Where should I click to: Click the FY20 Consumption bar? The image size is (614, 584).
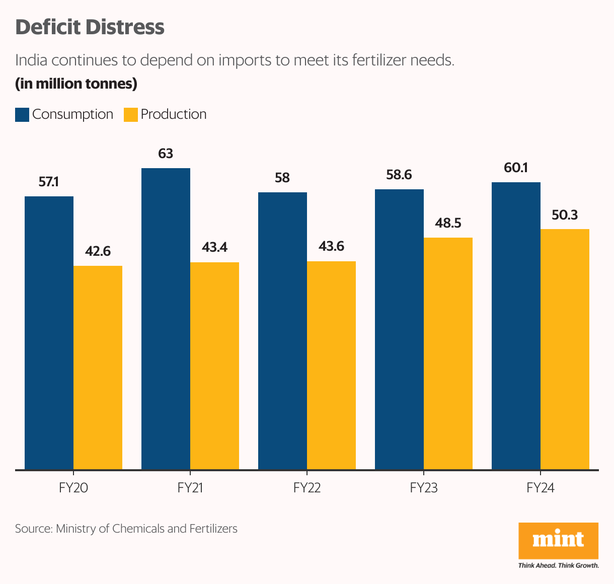(x=49, y=333)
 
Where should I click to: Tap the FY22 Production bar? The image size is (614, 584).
(x=331, y=366)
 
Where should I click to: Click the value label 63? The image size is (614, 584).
(x=166, y=154)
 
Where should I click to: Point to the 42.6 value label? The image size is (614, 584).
(x=98, y=251)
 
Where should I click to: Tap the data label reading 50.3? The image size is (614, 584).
(x=565, y=215)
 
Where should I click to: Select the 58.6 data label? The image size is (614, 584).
(x=399, y=175)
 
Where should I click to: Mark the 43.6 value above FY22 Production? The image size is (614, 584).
(x=331, y=247)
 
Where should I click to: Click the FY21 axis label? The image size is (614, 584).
(x=190, y=488)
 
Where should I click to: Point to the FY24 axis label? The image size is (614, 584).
(x=541, y=488)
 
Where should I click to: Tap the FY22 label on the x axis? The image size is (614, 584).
(x=307, y=488)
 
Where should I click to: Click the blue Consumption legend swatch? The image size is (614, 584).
(x=22, y=115)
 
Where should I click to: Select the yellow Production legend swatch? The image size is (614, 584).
(x=131, y=115)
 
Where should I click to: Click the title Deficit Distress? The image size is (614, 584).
(x=90, y=27)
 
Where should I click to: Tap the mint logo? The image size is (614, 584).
(x=558, y=540)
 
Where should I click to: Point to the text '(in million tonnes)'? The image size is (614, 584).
(x=76, y=84)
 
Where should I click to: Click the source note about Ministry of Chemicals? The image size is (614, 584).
(x=126, y=529)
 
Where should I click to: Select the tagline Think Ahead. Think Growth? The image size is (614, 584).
(x=558, y=565)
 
